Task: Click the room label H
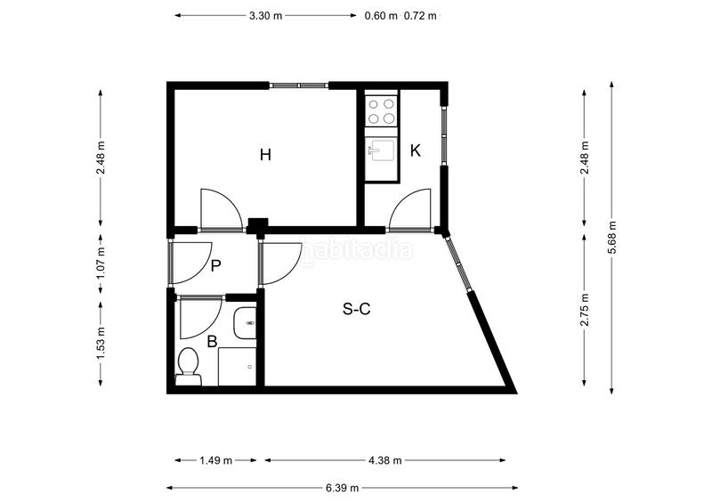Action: click(264, 155)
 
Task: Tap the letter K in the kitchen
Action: click(415, 150)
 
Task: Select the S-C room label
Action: click(356, 310)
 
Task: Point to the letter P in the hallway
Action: click(215, 264)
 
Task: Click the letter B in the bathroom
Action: click(212, 340)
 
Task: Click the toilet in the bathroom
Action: click(188, 366)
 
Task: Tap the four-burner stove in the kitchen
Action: click(382, 110)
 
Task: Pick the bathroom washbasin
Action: click(246, 323)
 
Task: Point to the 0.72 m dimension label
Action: click(421, 15)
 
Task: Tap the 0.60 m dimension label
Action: click(382, 15)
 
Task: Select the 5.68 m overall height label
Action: click(611, 237)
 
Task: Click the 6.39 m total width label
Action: click(342, 488)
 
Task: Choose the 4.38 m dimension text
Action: click(384, 460)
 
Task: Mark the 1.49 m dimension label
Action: click(215, 460)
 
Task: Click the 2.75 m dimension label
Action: click(584, 310)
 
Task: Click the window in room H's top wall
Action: click(299, 85)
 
